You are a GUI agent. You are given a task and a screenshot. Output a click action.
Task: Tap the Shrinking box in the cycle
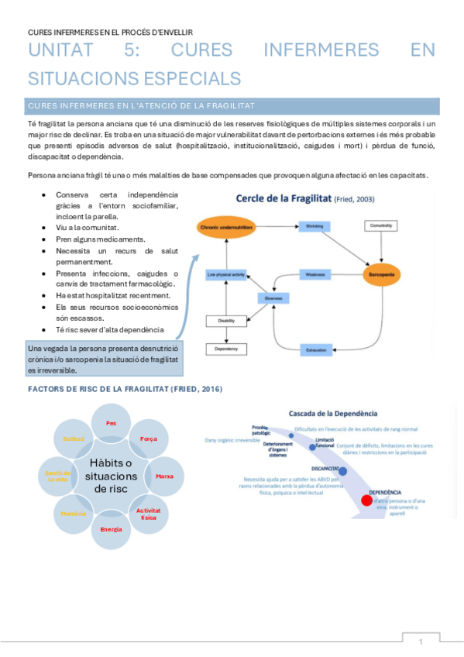pos(314,226)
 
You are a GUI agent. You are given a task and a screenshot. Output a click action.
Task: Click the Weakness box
pos(314,274)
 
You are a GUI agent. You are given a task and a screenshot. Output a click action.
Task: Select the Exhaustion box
pos(315,349)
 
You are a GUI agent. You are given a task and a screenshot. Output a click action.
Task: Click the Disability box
pos(226,322)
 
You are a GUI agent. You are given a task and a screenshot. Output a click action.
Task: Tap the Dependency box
pos(226,349)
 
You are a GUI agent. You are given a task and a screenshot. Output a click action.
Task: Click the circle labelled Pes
pos(111,425)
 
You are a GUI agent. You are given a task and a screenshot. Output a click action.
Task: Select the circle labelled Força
pos(148,439)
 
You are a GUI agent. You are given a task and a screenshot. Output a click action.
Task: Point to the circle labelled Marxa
pos(163,475)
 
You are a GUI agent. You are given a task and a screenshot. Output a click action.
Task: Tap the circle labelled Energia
pos(111,528)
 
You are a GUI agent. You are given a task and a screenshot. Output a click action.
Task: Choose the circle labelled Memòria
pos(74,513)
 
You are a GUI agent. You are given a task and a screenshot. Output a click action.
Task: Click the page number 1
pos(421,642)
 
